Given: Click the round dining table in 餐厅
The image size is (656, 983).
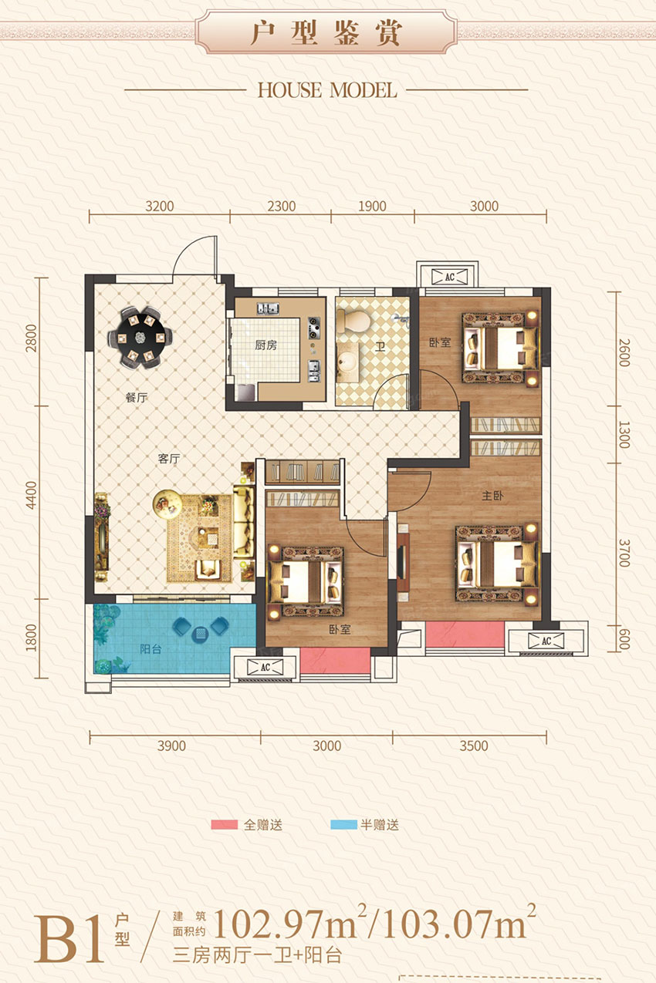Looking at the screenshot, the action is click(140, 338).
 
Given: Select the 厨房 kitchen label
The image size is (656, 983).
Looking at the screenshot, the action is click(265, 345).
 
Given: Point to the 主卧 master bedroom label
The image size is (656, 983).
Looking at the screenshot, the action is click(492, 496).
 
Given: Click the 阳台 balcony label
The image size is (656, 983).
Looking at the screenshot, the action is click(150, 648).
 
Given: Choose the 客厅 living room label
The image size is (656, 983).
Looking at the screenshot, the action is click(169, 459).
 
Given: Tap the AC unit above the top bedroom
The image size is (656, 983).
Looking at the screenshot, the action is click(449, 277).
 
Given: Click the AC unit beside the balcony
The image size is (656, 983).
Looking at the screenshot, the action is click(265, 667).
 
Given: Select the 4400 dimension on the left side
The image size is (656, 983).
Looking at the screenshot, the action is click(31, 495).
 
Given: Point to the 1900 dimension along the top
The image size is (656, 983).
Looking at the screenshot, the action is click(372, 206).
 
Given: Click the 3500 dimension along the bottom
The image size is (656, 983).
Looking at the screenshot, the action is click(474, 746).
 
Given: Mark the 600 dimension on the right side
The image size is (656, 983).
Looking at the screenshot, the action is click(624, 640).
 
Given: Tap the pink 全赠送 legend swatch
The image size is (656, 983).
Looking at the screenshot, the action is click(224, 825).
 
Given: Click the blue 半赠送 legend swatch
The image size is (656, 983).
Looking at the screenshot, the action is click(343, 825).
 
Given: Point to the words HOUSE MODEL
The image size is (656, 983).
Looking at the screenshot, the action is click(327, 90).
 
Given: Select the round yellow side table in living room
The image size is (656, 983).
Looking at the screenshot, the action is click(167, 503).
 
